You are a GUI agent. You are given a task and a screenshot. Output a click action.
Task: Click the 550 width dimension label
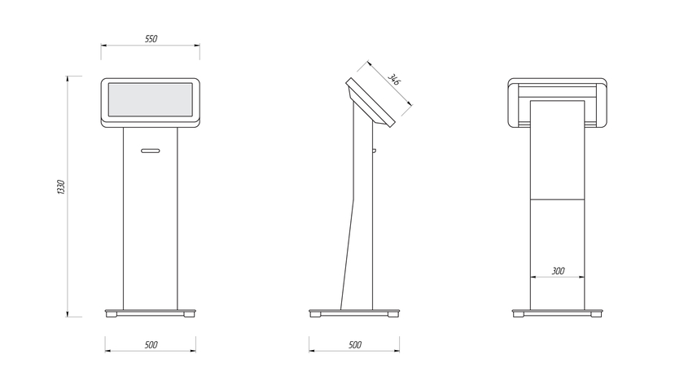(151, 39)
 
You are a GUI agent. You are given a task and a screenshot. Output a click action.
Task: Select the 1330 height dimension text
(61, 187)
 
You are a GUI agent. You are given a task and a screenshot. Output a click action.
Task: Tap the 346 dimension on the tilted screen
(394, 80)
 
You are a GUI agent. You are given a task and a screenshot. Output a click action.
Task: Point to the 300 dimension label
(559, 271)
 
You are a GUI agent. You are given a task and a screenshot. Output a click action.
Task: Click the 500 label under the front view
(151, 345)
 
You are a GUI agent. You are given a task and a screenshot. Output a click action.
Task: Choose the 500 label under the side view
(355, 345)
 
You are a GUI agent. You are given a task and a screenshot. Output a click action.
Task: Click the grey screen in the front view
(151, 100)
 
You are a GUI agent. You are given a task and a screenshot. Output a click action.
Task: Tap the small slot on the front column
(151, 151)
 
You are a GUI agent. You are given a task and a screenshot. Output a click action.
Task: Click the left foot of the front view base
(112, 315)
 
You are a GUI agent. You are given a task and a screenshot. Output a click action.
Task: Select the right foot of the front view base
(189, 315)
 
